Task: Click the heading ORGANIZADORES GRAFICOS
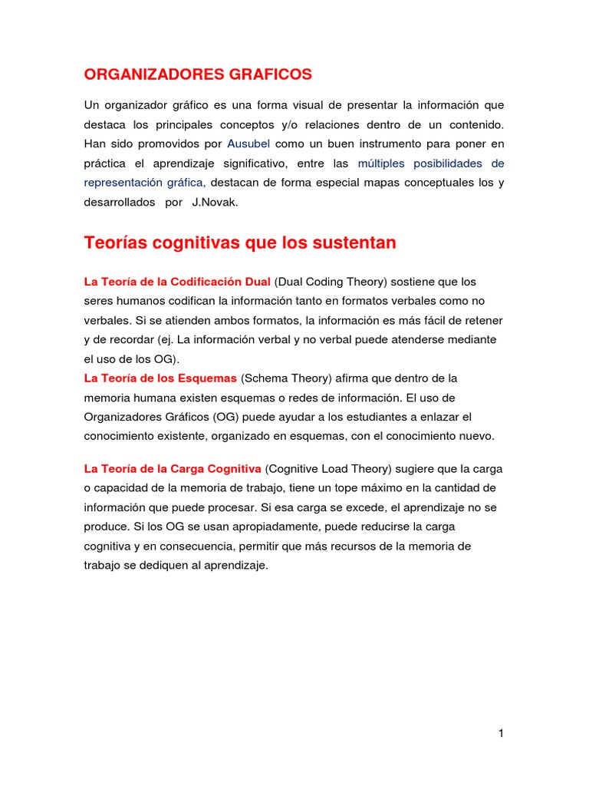point(198,74)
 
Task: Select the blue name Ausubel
point(248,144)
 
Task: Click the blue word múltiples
point(382,163)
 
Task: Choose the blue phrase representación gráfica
point(143,183)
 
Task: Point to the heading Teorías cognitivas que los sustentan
point(240,243)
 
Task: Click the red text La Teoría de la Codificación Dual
point(177,282)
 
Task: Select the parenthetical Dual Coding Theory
point(332,282)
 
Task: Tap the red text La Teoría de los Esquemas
point(160,378)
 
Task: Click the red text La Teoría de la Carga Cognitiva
point(173,468)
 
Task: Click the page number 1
point(501,733)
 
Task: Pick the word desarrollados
point(119,203)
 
